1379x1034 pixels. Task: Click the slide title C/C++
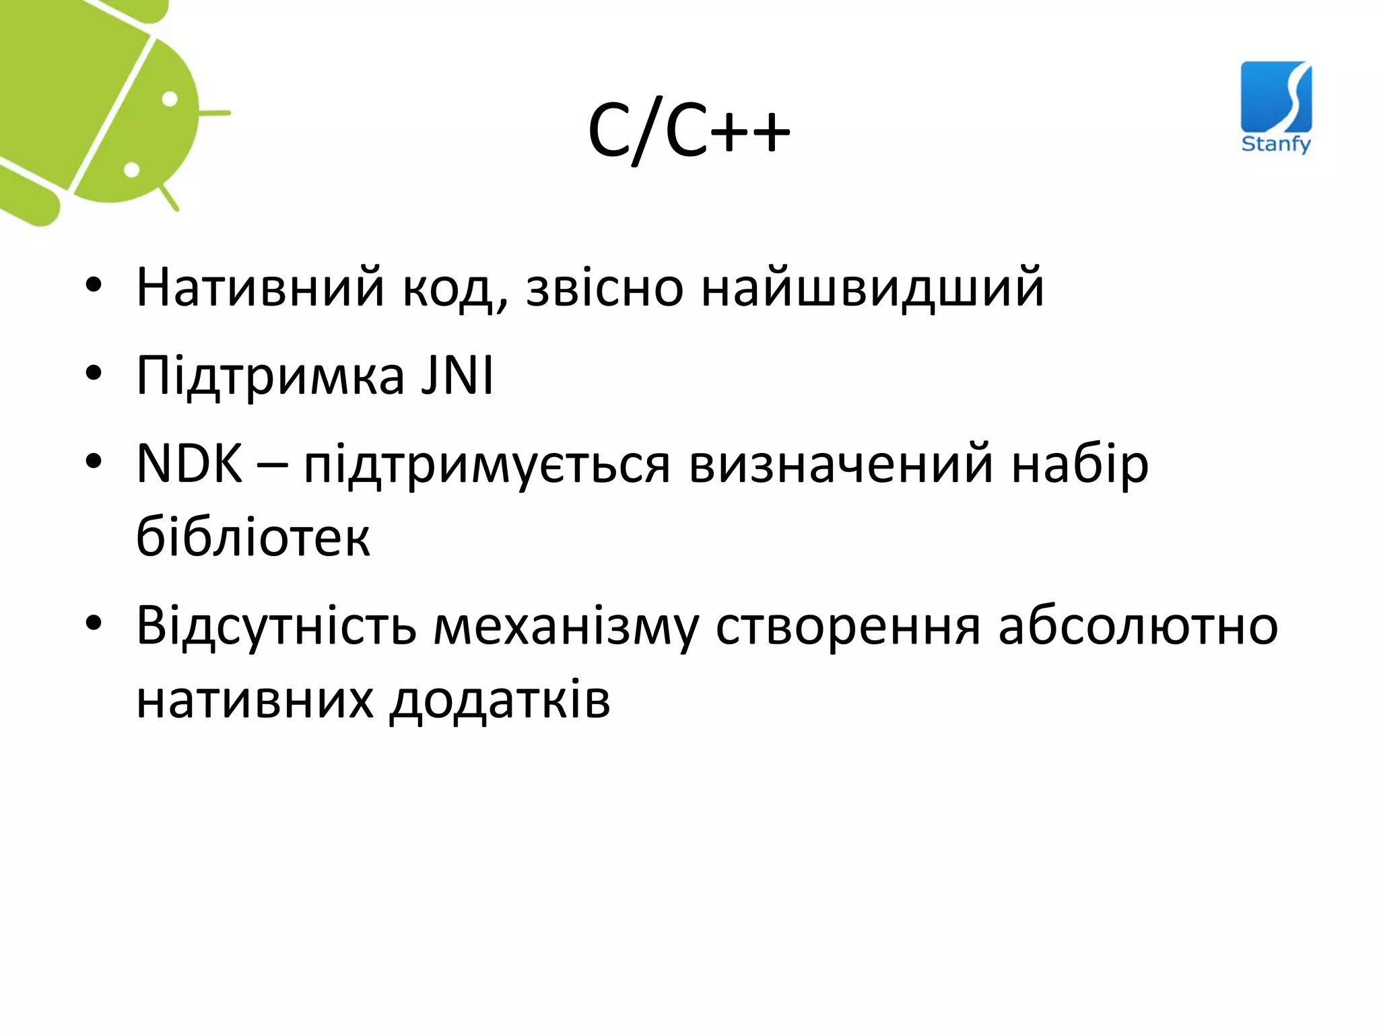pyautogui.click(x=689, y=132)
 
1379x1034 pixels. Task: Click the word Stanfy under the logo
pyautogui.click(x=1276, y=143)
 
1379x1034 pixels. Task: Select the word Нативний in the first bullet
pyautogui.click(x=260, y=288)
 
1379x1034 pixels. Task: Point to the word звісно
pyautogui.click(x=604, y=288)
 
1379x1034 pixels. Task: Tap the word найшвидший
pyautogui.click(x=873, y=288)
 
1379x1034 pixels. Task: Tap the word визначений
pyautogui.click(x=841, y=464)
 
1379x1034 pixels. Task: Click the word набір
pyautogui.click(x=1080, y=464)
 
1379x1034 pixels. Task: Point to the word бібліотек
pyautogui.click(x=253, y=537)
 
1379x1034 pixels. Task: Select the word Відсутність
pyautogui.click(x=276, y=626)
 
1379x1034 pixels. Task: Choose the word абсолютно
pyautogui.click(x=1138, y=626)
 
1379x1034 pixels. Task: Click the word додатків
pyautogui.click(x=500, y=701)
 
